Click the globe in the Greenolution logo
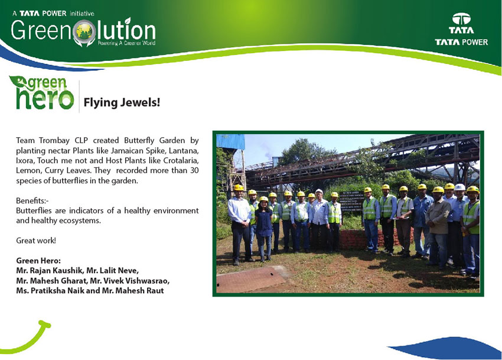pos(84,31)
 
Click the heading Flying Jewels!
pos(122,103)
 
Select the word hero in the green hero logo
pos(45,99)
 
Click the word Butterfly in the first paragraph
pos(139,141)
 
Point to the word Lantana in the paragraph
pos(184,150)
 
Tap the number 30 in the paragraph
pos(194,170)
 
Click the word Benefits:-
pos(32,200)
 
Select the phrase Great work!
pos(36,241)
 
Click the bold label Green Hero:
pos(38,261)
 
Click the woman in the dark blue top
pos(264,228)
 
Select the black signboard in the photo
pos(351,200)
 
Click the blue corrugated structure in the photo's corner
pos(230,141)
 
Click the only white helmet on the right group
pos(459,187)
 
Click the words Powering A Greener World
pos(126,43)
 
